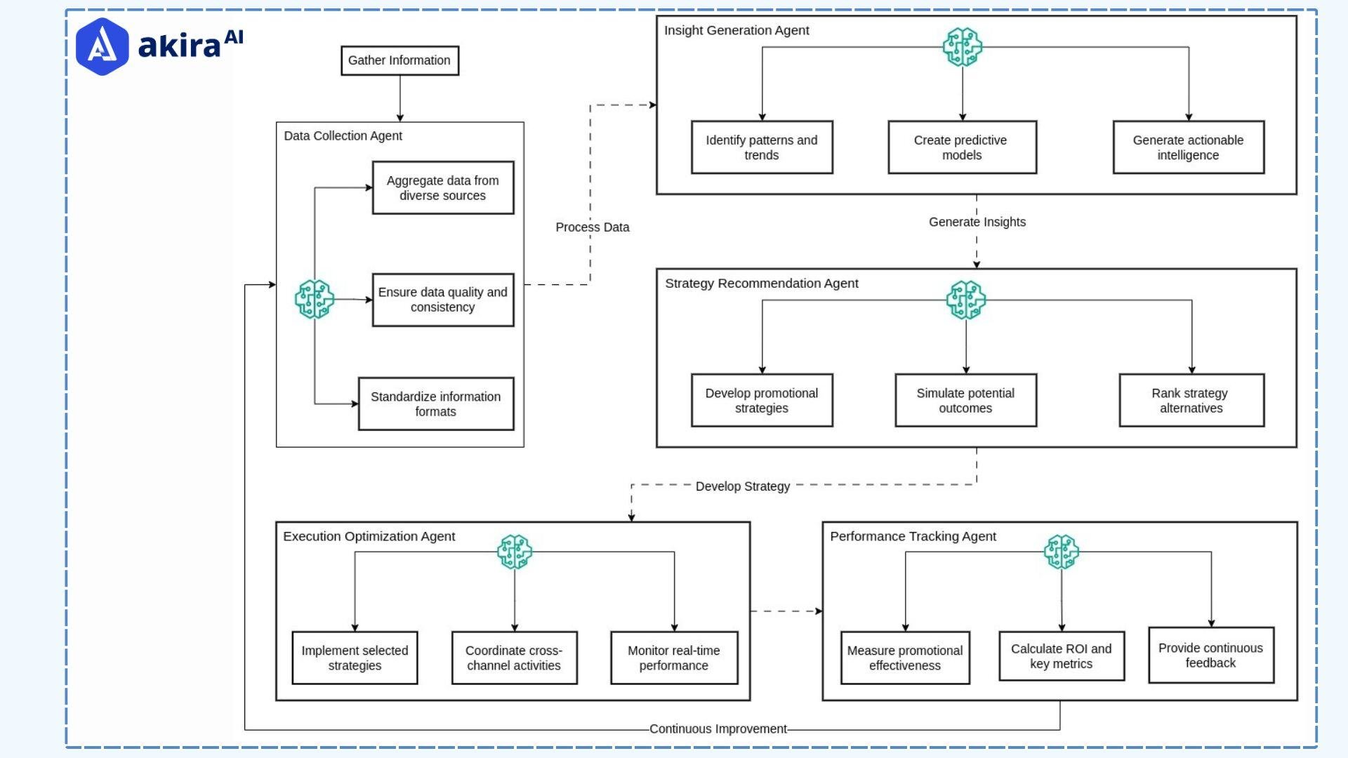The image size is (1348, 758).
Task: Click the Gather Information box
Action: click(x=399, y=60)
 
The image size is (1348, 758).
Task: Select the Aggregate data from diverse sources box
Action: click(x=442, y=188)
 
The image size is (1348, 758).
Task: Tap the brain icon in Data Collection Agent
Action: click(x=314, y=299)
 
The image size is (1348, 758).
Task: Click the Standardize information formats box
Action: click(x=435, y=404)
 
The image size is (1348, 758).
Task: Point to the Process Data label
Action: click(x=592, y=227)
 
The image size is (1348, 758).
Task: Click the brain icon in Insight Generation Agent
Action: click(x=962, y=47)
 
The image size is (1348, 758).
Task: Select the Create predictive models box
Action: click(x=961, y=147)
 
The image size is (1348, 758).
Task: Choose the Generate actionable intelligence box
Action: click(x=1188, y=147)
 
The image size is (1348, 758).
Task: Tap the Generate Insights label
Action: click(x=977, y=222)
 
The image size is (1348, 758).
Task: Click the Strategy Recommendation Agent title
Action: click(x=761, y=284)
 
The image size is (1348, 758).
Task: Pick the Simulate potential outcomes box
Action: click(x=965, y=401)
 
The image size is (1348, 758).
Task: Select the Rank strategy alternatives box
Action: click(x=1191, y=401)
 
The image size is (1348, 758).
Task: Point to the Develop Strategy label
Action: click(x=742, y=486)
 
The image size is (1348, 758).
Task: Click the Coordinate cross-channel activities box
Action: click(x=514, y=658)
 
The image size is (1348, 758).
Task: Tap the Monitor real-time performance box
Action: click(x=673, y=658)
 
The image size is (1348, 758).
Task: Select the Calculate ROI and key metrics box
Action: click(x=1061, y=656)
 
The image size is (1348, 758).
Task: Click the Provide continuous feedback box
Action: click(x=1210, y=656)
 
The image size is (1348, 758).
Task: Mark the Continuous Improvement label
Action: click(x=718, y=729)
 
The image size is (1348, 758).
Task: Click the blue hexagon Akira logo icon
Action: click(x=103, y=46)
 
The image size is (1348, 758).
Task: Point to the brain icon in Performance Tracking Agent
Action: click(x=1061, y=552)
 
